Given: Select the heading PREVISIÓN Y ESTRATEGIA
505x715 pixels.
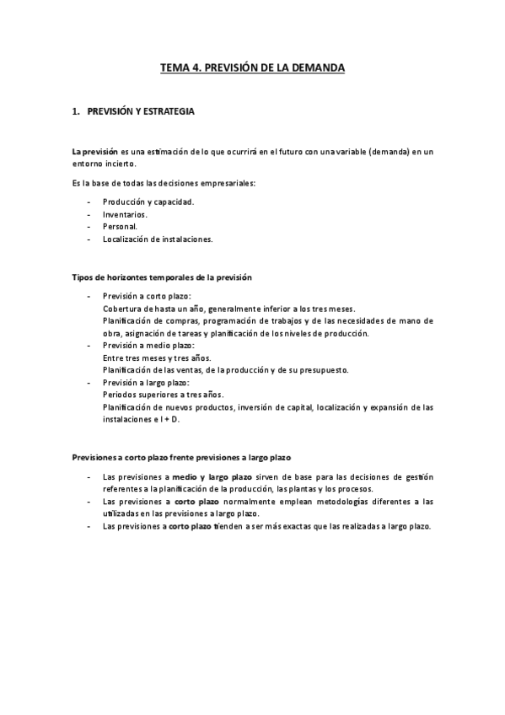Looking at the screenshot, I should [x=146, y=110].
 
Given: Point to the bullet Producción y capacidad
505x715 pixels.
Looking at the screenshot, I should [x=148, y=202].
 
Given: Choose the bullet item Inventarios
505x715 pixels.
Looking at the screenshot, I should [x=125, y=214].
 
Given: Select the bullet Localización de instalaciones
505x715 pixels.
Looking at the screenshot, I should [x=158, y=239].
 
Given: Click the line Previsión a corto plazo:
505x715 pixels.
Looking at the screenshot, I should [x=147, y=296].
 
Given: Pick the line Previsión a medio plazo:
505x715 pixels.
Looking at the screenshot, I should [x=148, y=346].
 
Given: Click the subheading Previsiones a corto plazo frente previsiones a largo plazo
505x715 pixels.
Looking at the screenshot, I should [x=181, y=458].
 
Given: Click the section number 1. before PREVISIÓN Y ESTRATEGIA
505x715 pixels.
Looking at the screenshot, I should [x=76, y=110].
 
